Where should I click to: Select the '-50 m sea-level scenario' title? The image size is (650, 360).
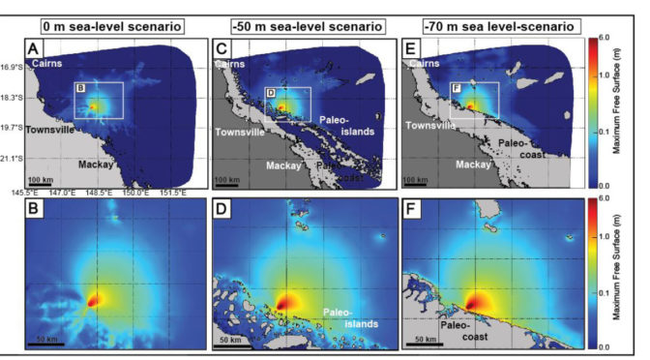[x=296, y=23]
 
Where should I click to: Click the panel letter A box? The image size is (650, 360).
[x=34, y=47]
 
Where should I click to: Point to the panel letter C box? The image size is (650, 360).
[x=222, y=47]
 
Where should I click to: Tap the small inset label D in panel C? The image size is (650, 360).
[x=270, y=93]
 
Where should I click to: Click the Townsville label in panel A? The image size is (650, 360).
[x=50, y=129]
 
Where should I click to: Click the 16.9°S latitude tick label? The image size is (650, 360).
[x=14, y=68]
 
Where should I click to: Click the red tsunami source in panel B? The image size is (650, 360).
[x=94, y=301]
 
